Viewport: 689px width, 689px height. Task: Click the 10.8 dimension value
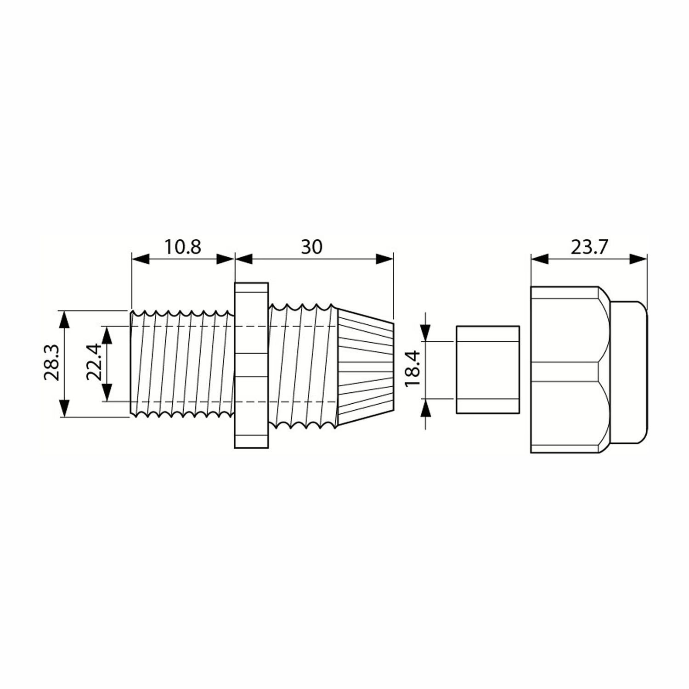point(183,247)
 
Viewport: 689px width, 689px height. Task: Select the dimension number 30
point(312,247)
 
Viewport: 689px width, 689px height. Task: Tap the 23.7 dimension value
point(589,248)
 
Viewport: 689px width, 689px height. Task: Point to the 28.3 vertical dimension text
point(51,363)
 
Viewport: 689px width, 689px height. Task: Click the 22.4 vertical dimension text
point(95,363)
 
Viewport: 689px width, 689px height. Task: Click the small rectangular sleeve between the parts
point(488,370)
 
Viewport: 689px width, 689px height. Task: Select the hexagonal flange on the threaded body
point(251,365)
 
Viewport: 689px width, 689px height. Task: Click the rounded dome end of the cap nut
point(629,373)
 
